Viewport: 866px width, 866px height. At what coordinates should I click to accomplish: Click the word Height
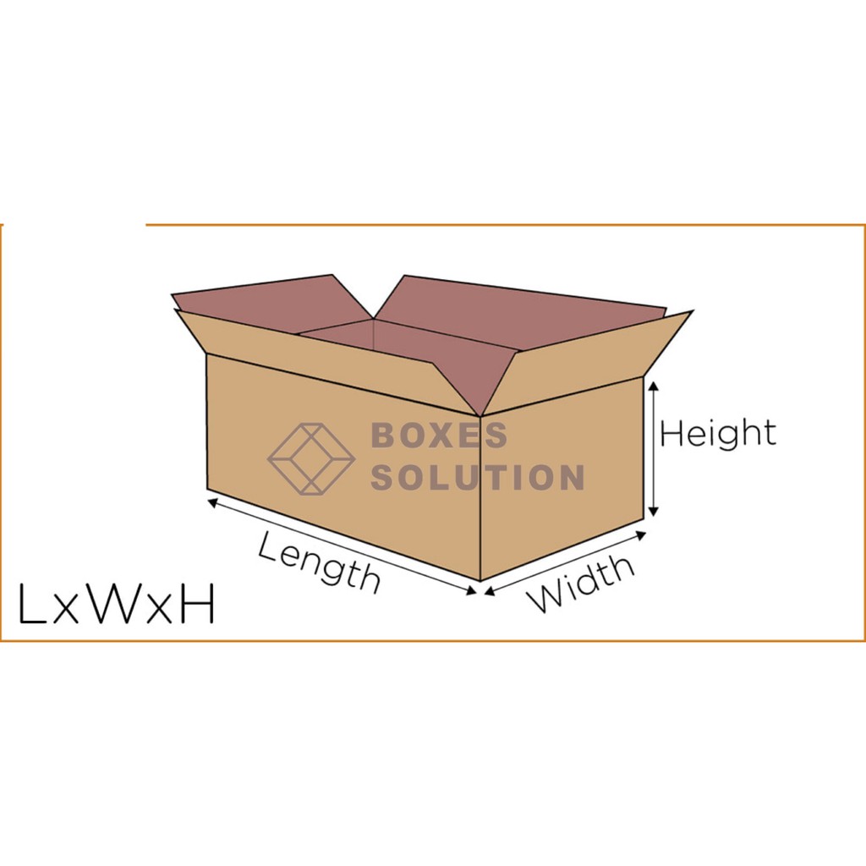(717, 434)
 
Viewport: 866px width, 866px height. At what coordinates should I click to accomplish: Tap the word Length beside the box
(319, 561)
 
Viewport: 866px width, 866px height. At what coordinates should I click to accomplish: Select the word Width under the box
(581, 583)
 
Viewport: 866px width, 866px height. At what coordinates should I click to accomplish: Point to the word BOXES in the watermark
(439, 436)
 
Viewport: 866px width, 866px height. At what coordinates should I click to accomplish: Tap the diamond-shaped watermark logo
(310, 458)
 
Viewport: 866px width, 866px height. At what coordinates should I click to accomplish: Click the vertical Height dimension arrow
(653, 448)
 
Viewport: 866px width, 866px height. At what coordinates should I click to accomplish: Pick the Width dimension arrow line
(565, 562)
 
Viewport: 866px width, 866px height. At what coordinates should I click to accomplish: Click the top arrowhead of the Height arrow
(653, 386)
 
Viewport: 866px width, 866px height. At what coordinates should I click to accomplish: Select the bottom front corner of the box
(480, 580)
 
